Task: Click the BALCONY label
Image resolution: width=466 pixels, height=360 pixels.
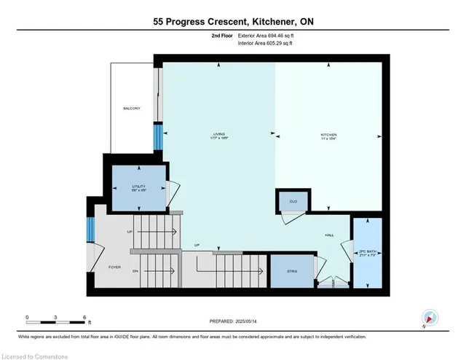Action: [x=131, y=109]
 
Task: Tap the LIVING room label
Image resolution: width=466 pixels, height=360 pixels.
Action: [x=218, y=134]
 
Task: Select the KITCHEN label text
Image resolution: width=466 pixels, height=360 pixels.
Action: [x=329, y=135]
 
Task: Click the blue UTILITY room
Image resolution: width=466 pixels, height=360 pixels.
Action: [x=138, y=188]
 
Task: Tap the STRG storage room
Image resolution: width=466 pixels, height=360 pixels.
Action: [x=291, y=270]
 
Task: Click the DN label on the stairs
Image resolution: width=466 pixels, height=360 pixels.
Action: [x=135, y=271]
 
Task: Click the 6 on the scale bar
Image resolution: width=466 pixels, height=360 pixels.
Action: [x=84, y=318]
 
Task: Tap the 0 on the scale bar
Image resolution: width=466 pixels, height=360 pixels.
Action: [x=27, y=318]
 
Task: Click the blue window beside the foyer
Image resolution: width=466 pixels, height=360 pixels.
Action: [x=90, y=230]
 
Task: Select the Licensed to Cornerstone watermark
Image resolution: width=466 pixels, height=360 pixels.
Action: [x=37, y=354]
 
